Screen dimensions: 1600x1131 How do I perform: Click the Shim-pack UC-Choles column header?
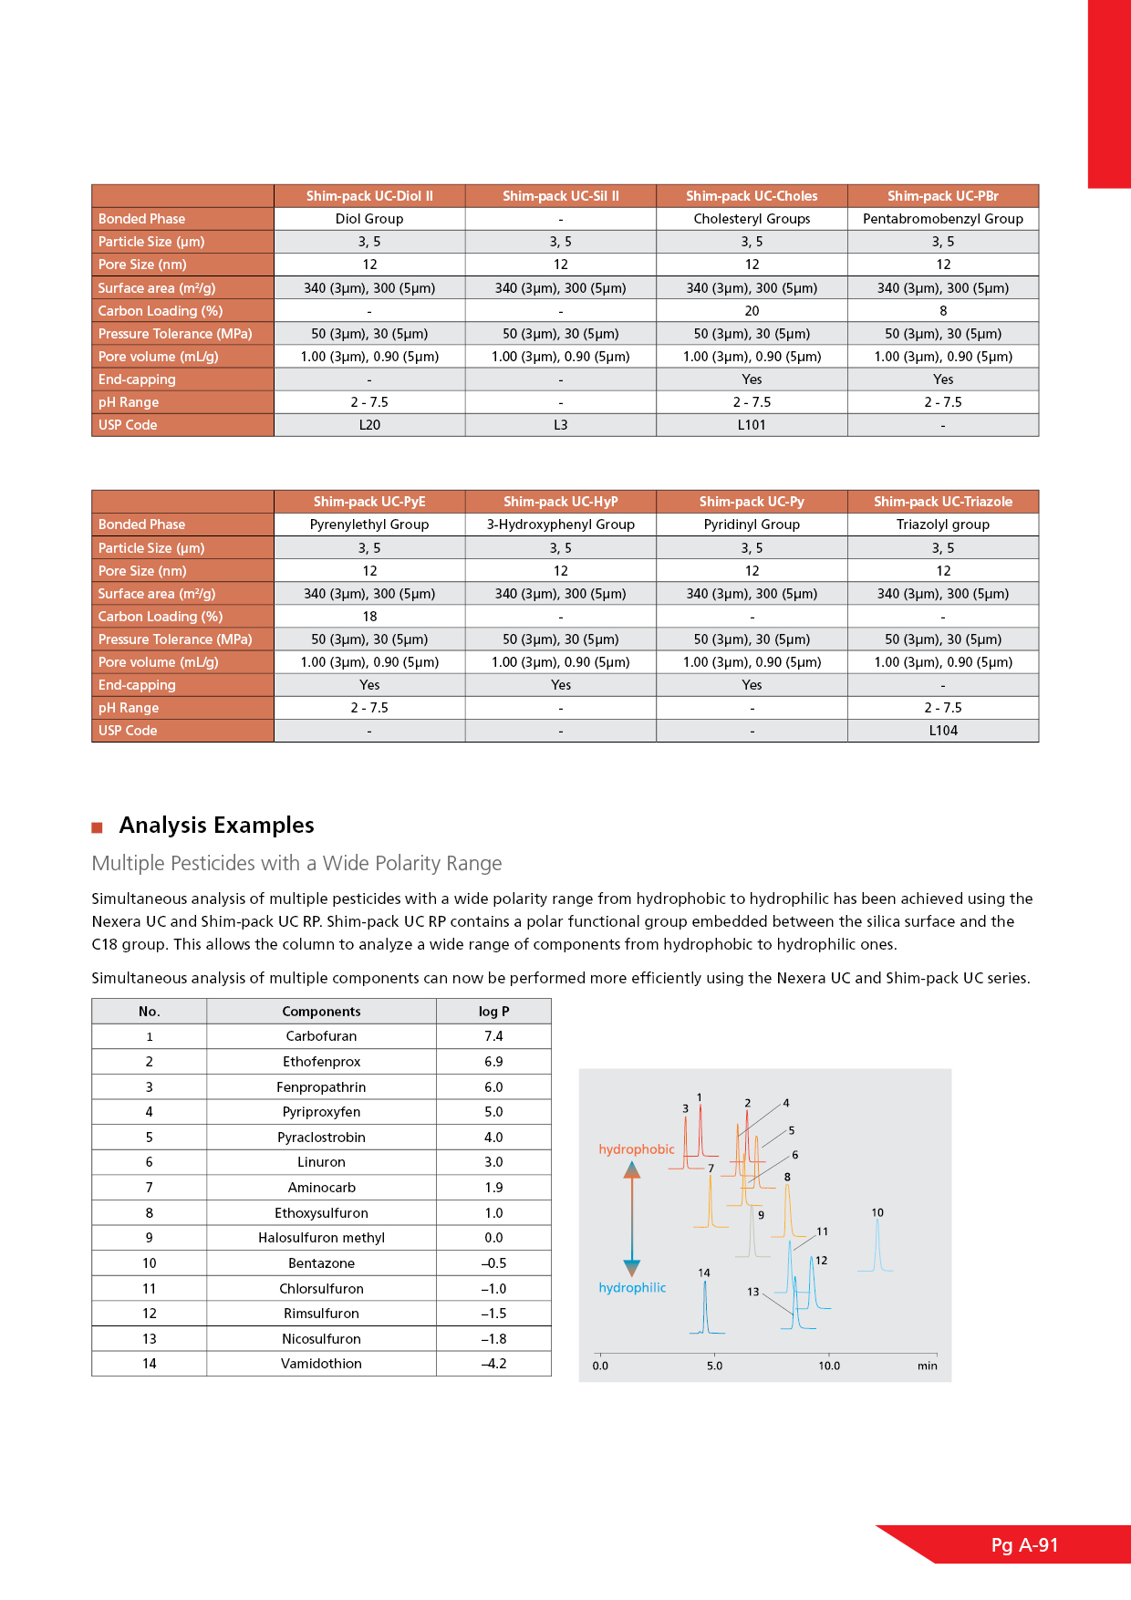click(x=752, y=196)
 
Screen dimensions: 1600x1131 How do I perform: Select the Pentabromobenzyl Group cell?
click(x=942, y=219)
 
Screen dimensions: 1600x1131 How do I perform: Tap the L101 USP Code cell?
click(x=752, y=425)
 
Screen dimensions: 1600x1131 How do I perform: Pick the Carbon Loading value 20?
click(x=752, y=311)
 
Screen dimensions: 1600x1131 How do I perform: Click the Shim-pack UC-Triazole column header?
click(x=942, y=502)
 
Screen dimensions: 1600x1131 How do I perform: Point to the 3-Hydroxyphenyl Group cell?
click(x=560, y=525)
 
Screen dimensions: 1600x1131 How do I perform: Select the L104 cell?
click(x=942, y=731)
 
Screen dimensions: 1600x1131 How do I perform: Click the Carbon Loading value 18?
click(x=369, y=617)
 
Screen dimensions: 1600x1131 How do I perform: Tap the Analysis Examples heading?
click(x=216, y=826)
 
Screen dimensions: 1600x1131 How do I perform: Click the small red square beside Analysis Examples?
click(x=97, y=828)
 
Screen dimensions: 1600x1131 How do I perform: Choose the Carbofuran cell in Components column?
click(x=321, y=1036)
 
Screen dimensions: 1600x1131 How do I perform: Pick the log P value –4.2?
click(x=493, y=1364)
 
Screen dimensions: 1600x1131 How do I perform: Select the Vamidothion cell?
click(x=321, y=1364)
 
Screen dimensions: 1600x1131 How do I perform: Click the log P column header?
click(x=493, y=1012)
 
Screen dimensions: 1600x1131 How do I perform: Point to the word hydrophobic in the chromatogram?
click(x=636, y=1149)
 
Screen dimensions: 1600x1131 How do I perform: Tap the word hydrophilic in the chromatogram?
click(x=632, y=1288)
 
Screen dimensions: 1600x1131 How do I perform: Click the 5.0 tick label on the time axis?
click(x=714, y=1366)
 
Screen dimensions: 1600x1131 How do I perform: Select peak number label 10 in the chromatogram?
click(x=877, y=1213)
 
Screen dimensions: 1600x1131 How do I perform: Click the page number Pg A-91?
click(x=1024, y=1545)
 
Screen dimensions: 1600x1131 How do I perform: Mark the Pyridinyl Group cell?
click(x=752, y=525)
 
